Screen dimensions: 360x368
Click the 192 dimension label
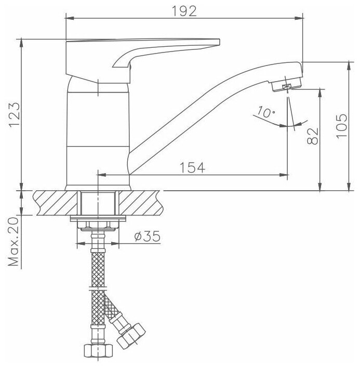(x=184, y=11)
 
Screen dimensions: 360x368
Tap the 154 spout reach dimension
(x=192, y=167)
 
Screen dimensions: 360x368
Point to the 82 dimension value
(x=313, y=136)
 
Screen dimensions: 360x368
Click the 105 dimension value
(x=341, y=126)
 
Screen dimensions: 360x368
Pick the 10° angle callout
(x=266, y=112)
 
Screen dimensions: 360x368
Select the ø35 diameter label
(x=148, y=236)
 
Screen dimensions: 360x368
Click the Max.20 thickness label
(x=14, y=242)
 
